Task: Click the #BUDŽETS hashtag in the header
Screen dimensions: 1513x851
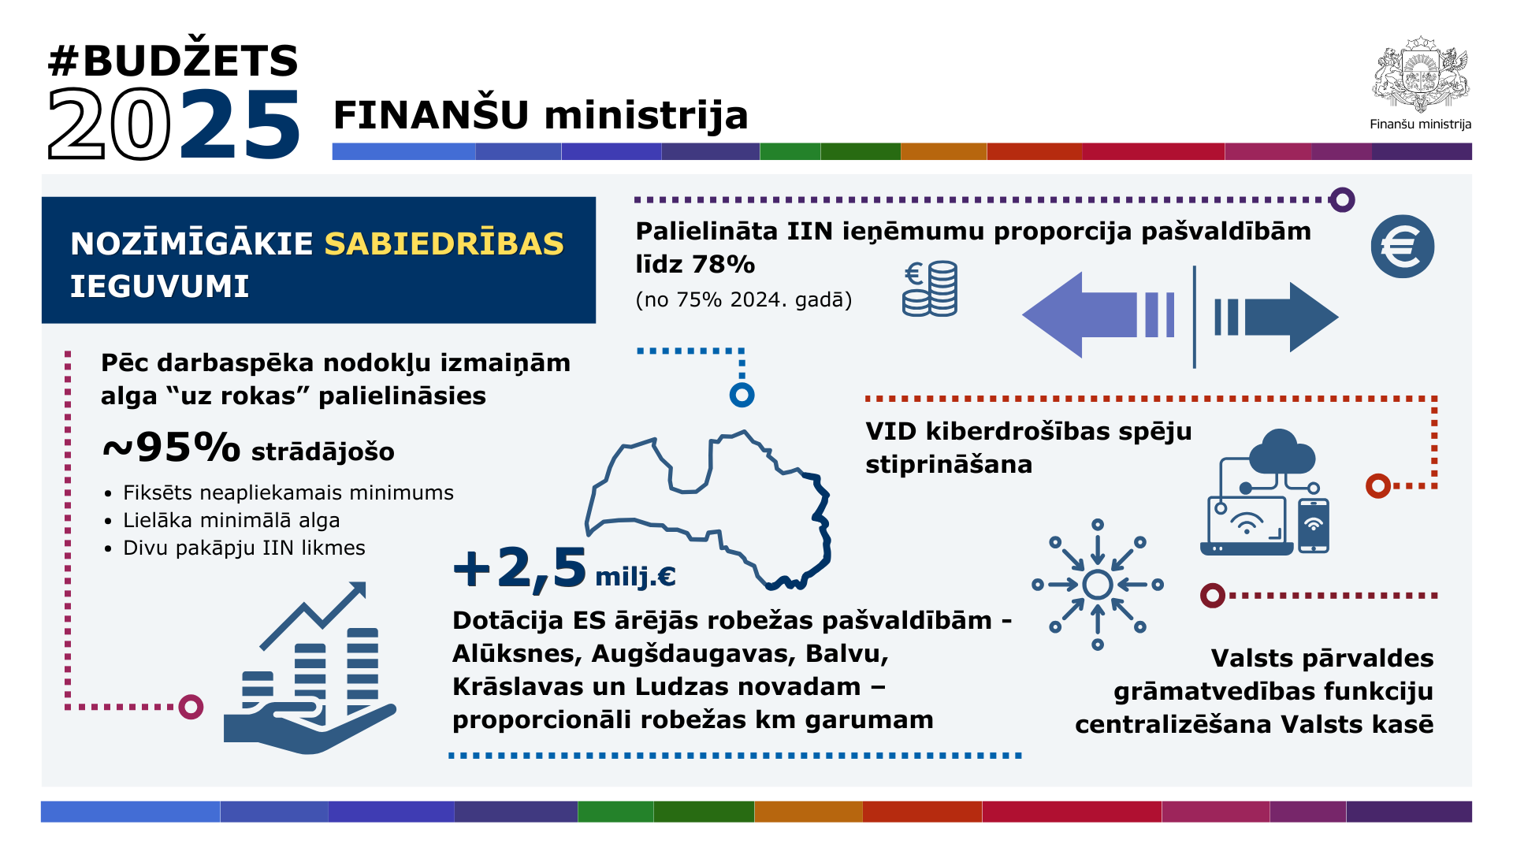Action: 173,60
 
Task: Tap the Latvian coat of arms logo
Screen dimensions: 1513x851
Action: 1421,74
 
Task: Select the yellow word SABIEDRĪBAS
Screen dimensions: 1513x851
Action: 444,243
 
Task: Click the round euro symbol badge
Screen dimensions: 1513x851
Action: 1403,247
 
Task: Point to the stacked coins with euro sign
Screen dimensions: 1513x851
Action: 930,289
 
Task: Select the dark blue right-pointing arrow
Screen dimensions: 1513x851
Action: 1276,317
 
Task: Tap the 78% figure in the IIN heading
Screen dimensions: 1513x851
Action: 723,265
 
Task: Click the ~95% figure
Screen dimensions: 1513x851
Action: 171,448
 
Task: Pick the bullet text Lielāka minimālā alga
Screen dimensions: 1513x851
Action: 232,520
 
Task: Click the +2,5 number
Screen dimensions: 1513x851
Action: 520,569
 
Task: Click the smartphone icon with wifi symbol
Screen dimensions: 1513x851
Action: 1314,526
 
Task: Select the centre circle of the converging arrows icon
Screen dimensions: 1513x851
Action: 1098,585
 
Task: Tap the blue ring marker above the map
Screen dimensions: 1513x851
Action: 742,395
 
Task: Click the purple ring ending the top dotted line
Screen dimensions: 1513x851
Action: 1342,200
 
